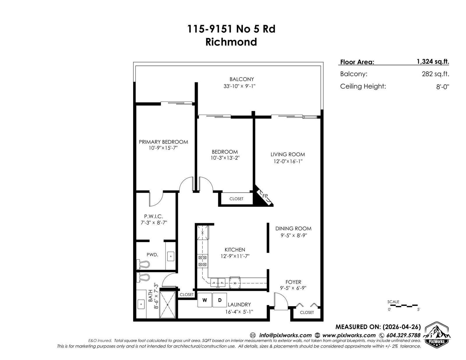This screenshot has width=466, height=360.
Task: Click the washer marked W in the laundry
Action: [x=204, y=300]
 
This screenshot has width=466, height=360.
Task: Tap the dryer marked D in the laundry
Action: [x=220, y=300]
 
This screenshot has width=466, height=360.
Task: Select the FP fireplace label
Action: [x=265, y=196]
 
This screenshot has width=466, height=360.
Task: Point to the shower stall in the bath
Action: [x=168, y=304]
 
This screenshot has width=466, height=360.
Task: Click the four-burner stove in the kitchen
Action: [x=202, y=261]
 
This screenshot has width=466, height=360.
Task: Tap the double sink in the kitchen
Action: [x=218, y=282]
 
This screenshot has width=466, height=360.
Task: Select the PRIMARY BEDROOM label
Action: [x=163, y=142]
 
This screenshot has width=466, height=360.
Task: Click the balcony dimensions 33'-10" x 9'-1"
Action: [x=239, y=86]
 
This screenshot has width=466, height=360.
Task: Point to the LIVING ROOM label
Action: [x=287, y=155]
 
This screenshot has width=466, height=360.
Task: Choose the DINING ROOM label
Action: [x=293, y=229]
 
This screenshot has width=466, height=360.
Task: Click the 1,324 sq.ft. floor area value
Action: [x=433, y=62]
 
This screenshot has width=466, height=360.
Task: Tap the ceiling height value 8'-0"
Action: [x=443, y=87]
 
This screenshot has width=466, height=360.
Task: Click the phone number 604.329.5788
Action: [x=403, y=335]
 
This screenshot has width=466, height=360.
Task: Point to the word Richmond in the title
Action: [x=231, y=42]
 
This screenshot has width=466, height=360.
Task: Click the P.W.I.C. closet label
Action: [x=153, y=217]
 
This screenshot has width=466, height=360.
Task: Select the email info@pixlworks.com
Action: [x=285, y=335]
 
